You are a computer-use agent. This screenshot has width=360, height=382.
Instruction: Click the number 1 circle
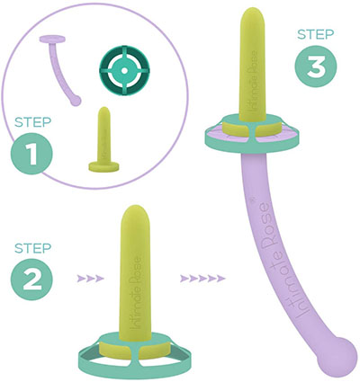click(31, 154)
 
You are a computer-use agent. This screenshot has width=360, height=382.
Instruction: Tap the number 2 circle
click(31, 280)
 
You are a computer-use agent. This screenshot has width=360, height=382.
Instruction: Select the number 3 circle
click(316, 67)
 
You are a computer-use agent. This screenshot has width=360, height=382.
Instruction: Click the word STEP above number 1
click(33, 122)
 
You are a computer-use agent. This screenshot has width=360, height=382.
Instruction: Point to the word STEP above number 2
click(33, 248)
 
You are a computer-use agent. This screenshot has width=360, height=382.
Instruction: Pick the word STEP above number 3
click(316, 34)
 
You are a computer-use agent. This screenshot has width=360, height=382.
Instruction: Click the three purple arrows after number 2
click(90, 279)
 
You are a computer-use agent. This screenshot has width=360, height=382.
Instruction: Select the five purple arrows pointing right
click(202, 279)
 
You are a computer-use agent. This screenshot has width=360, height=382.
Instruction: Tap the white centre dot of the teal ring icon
click(124, 71)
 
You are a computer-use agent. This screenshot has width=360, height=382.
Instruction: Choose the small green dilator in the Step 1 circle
click(103, 139)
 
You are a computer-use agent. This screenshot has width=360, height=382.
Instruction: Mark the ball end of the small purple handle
click(76, 101)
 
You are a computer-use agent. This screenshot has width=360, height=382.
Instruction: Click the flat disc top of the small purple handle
click(52, 39)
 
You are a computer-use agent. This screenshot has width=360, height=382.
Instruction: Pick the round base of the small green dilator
click(103, 166)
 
